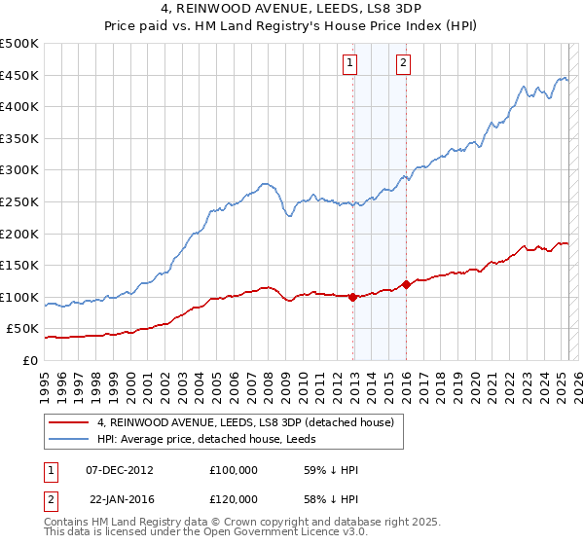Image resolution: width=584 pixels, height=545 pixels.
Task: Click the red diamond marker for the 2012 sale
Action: click(353, 297)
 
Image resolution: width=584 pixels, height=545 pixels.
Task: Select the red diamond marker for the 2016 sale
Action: click(406, 284)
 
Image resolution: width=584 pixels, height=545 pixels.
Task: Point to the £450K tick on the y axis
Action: click(20, 75)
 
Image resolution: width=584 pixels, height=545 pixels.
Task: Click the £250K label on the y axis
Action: click(20, 201)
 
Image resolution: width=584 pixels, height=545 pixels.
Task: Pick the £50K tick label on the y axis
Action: click(24, 329)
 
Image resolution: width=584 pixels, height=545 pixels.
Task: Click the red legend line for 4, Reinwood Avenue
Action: click(68, 422)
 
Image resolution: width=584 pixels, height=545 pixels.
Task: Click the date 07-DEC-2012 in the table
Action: click(120, 470)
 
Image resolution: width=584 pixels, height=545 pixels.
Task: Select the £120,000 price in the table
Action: click(233, 499)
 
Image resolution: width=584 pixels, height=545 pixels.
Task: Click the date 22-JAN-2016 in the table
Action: click(120, 499)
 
